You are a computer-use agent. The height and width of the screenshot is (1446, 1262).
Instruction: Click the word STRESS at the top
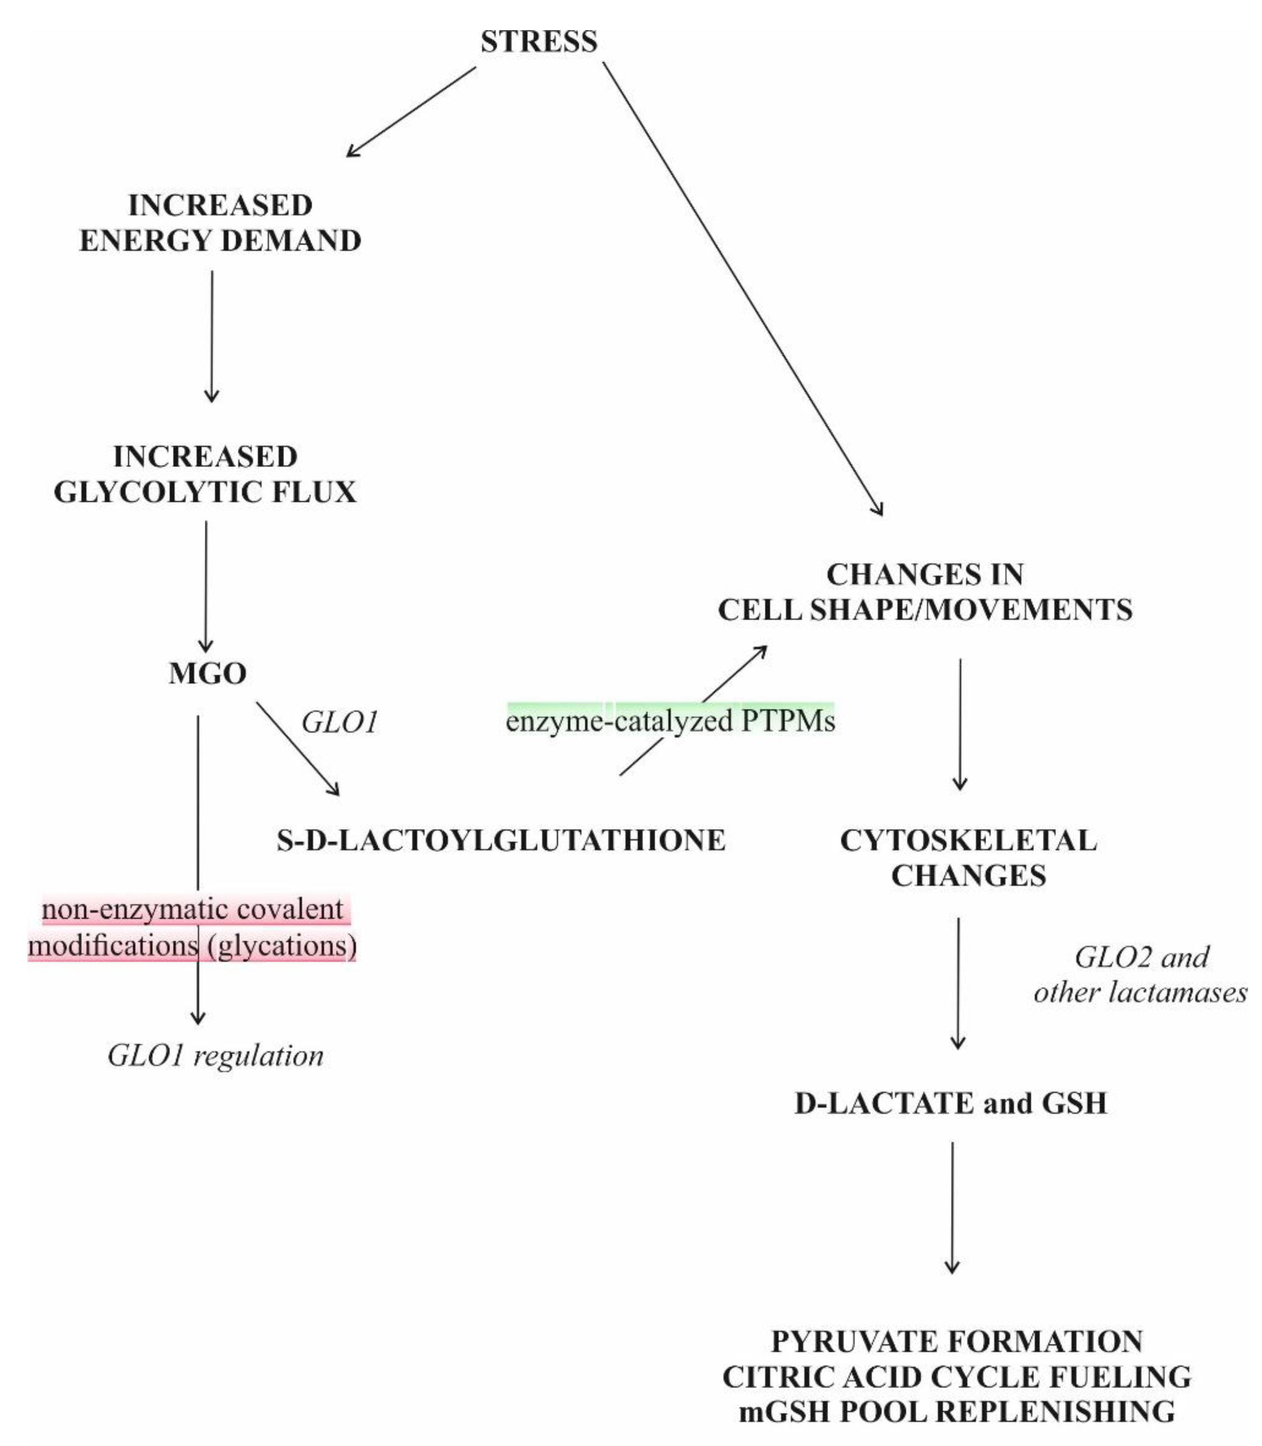tap(539, 41)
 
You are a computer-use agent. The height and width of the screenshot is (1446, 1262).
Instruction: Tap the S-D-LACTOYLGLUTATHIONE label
tap(501, 840)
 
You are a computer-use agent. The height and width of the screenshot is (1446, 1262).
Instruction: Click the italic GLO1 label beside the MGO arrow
tap(339, 722)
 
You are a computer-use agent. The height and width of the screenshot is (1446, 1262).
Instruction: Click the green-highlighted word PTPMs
tap(788, 721)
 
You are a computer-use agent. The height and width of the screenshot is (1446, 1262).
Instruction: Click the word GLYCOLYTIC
tap(160, 491)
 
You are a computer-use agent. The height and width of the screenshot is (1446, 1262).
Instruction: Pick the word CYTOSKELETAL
tap(969, 840)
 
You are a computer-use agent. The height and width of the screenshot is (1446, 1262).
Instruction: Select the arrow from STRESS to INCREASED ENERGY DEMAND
tap(411, 111)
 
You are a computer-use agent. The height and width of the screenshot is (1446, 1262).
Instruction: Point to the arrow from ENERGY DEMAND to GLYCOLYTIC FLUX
tap(211, 336)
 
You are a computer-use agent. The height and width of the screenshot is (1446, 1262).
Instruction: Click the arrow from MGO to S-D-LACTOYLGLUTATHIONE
tap(297, 748)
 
